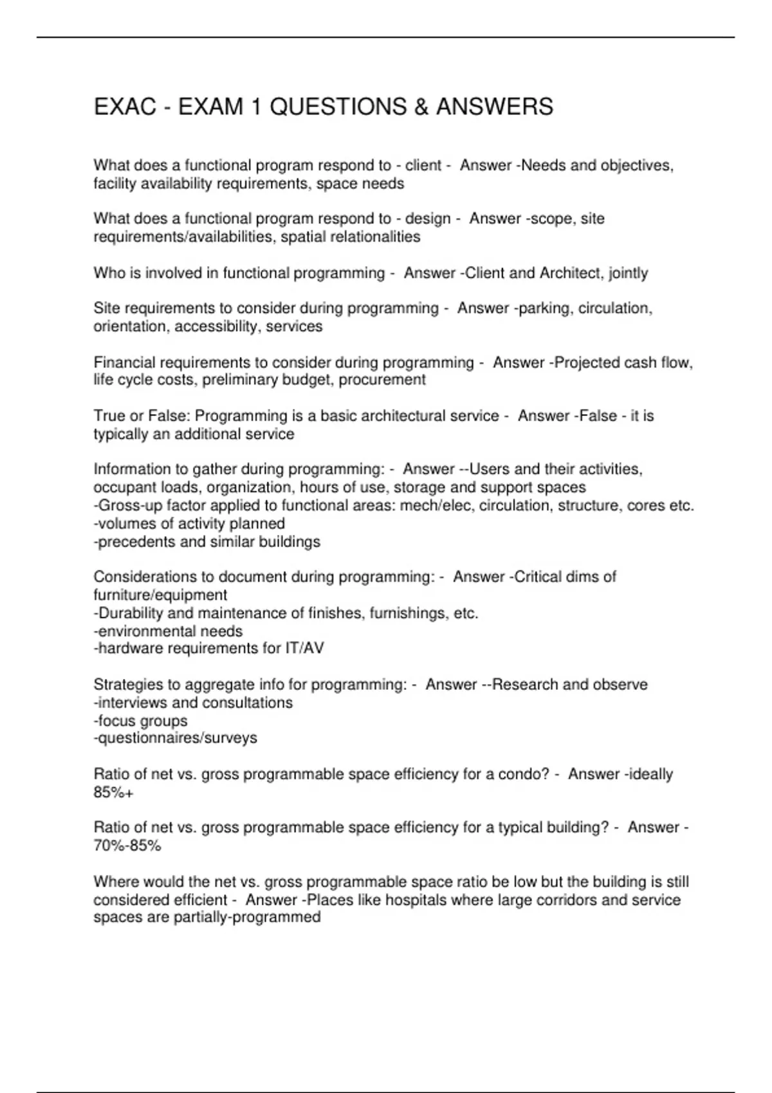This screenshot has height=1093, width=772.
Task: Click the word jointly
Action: pyautogui.click(x=628, y=273)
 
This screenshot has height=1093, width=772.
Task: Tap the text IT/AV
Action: pyautogui.click(x=304, y=649)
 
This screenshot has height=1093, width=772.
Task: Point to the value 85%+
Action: pyautogui.click(x=113, y=793)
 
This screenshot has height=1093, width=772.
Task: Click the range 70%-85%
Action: pyautogui.click(x=127, y=846)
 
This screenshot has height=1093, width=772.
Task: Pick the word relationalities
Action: pyautogui.click(x=351, y=237)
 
